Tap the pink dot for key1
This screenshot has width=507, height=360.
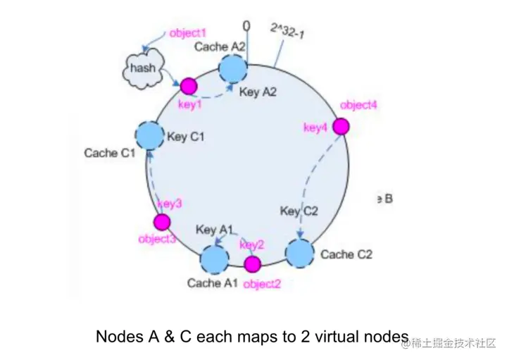pyautogui.click(x=188, y=87)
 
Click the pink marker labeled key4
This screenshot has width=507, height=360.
pyautogui.click(x=341, y=126)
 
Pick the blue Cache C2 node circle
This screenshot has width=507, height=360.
pyautogui.click(x=300, y=253)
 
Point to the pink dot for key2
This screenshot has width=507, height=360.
pyautogui.click(x=252, y=263)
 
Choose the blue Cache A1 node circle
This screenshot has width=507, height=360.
pyautogui.click(x=215, y=259)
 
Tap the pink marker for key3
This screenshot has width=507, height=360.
pyautogui.click(x=162, y=223)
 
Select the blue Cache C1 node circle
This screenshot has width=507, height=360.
pyautogui.click(x=149, y=135)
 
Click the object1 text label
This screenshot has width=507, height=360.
pyautogui.click(x=188, y=33)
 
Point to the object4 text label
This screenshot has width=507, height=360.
pyautogui.click(x=358, y=105)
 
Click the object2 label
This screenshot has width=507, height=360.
pyautogui.click(x=262, y=285)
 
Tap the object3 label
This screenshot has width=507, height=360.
pyautogui.click(x=156, y=239)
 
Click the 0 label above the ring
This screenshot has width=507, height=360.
pyautogui.click(x=246, y=27)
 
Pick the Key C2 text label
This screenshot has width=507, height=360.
pyautogui.click(x=299, y=211)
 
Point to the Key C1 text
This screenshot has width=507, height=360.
pyautogui.click(x=185, y=136)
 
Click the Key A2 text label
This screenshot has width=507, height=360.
pyautogui.click(x=258, y=92)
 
